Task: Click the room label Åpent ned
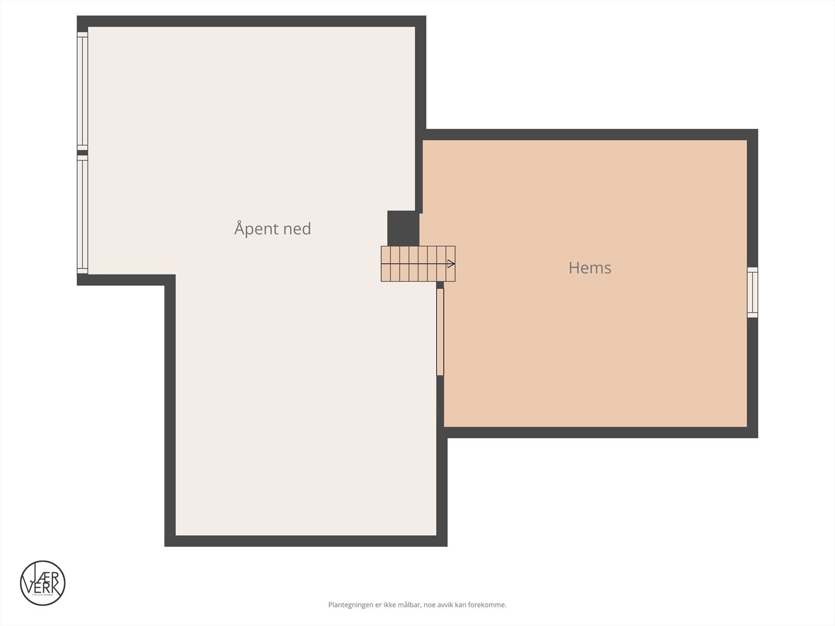coord(272,229)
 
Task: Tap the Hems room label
coord(590,268)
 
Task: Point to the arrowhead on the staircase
coord(451,264)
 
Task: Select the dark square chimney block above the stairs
coord(403,228)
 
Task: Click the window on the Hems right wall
coord(752,292)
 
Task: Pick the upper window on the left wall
coord(82,91)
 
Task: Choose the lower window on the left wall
coord(82,214)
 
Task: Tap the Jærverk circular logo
coord(43,583)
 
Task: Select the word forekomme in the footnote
coord(487,605)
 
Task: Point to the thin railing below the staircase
coord(440,332)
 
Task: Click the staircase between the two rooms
coord(417,264)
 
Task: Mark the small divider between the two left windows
coord(82,153)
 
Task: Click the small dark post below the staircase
coord(440,285)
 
